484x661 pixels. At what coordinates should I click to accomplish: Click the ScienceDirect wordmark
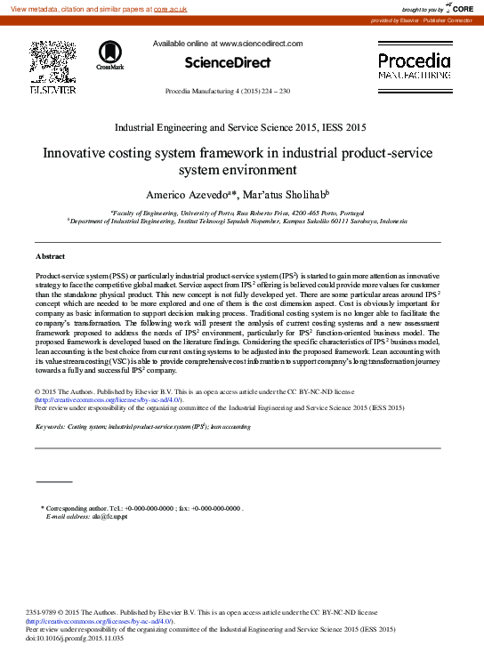[227, 62]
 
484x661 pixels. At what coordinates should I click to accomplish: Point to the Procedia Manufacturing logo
[414, 67]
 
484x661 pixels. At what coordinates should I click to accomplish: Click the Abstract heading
[50, 256]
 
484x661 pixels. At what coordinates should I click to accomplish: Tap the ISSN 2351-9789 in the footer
[43, 612]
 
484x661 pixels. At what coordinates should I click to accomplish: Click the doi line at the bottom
[76, 639]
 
